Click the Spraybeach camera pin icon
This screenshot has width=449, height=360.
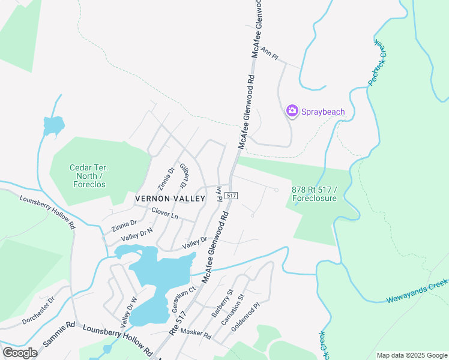(x=292, y=110)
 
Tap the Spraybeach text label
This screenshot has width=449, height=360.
(x=324, y=111)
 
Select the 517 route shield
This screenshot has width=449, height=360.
(x=233, y=196)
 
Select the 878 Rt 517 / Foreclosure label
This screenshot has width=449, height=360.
(x=315, y=193)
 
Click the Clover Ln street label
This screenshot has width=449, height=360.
(x=165, y=213)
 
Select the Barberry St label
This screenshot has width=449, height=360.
(x=222, y=303)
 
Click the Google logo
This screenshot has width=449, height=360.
(x=20, y=352)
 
